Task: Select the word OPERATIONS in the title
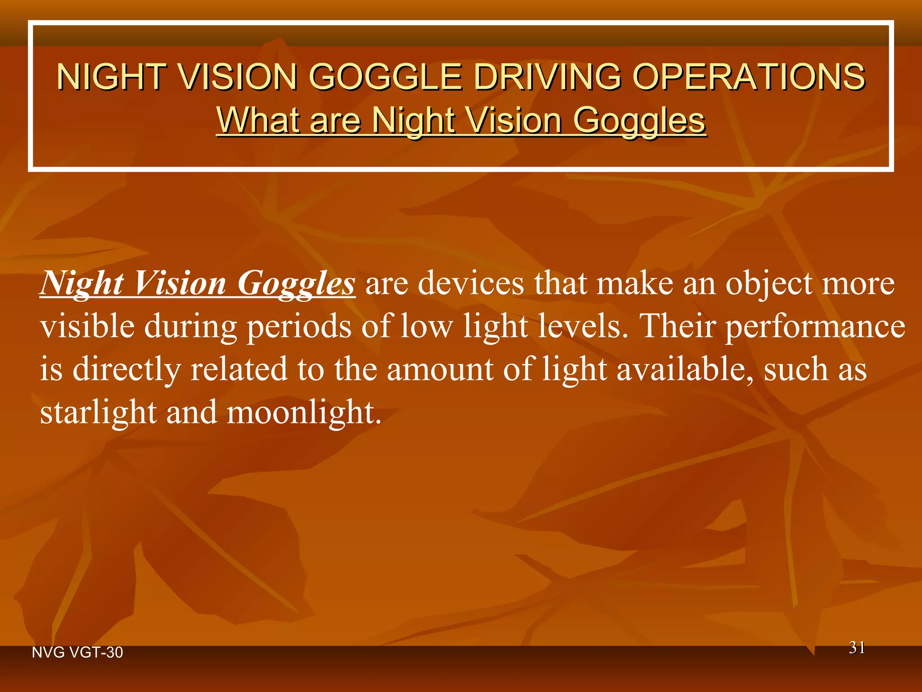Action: pos(748,77)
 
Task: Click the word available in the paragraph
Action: pos(685,369)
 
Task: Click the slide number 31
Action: pos(857,648)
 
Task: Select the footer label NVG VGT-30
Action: pos(77,652)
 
